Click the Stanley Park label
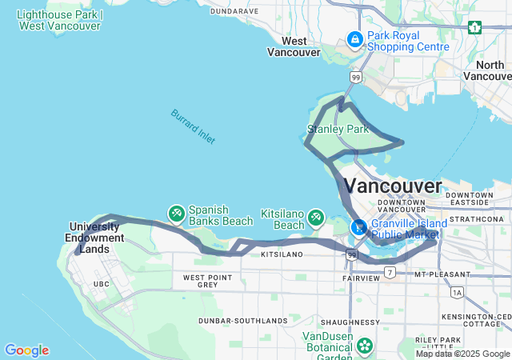338,129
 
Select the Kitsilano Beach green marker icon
316,217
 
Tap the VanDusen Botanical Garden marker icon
365,346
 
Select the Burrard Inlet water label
193,126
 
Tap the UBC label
102,284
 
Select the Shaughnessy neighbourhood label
355,322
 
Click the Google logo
26,350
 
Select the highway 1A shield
457,293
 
